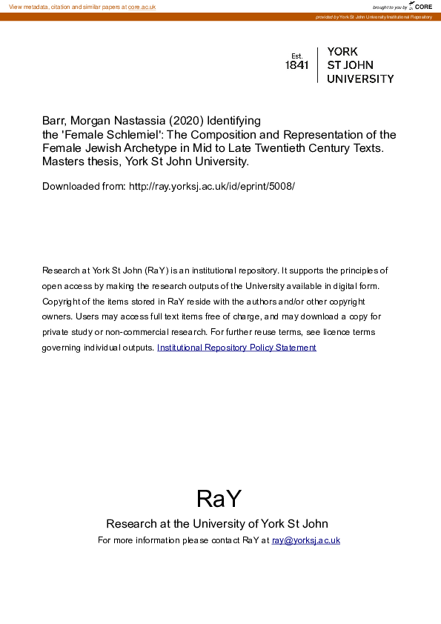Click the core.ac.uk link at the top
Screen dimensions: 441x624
click(x=142, y=7)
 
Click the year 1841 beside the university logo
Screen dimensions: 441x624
click(x=296, y=65)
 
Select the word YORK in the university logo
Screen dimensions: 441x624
click(x=342, y=52)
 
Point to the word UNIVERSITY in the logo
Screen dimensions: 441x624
click(x=360, y=79)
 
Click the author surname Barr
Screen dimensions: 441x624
click(x=53, y=120)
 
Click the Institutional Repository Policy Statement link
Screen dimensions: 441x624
click(x=236, y=348)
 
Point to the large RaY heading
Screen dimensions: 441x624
click(x=219, y=498)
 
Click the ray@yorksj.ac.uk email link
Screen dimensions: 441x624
click(x=305, y=540)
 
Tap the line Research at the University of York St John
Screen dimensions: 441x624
click(x=217, y=523)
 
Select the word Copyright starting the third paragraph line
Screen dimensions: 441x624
click(x=64, y=302)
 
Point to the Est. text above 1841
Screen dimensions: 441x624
click(x=297, y=56)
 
